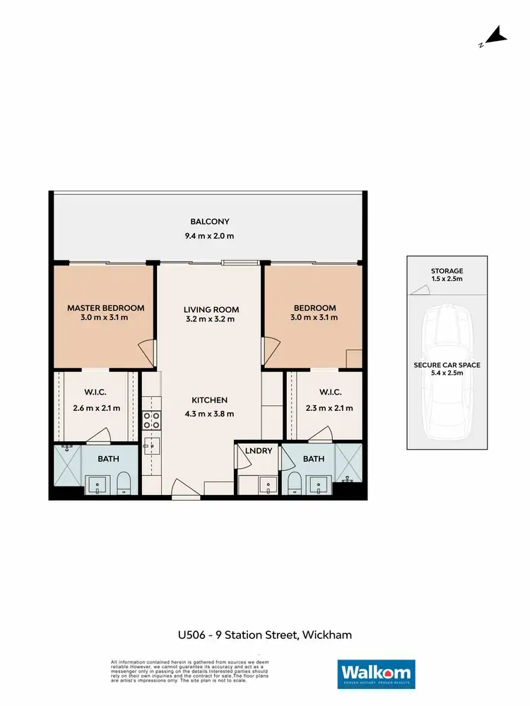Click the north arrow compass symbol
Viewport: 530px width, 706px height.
point(496,36)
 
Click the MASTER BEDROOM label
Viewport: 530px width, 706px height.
point(106,308)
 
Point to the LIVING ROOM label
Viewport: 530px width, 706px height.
point(211,309)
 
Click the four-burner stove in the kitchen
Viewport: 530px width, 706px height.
point(151,421)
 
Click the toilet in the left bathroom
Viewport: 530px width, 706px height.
point(124,483)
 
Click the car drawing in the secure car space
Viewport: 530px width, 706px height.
point(446,374)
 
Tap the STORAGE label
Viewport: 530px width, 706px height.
point(447,271)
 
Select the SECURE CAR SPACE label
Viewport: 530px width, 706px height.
point(447,365)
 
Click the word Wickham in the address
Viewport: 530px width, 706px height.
point(326,635)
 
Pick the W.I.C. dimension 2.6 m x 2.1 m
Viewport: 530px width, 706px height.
point(96,407)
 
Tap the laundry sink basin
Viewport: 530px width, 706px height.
point(266,485)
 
